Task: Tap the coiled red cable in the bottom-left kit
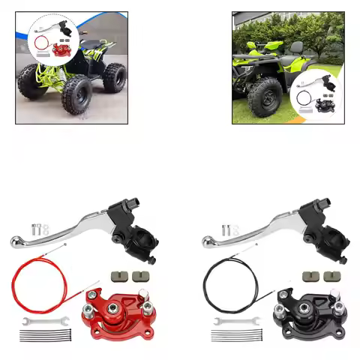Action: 34,281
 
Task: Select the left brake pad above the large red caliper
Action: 118,275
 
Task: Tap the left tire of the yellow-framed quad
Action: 34,82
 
